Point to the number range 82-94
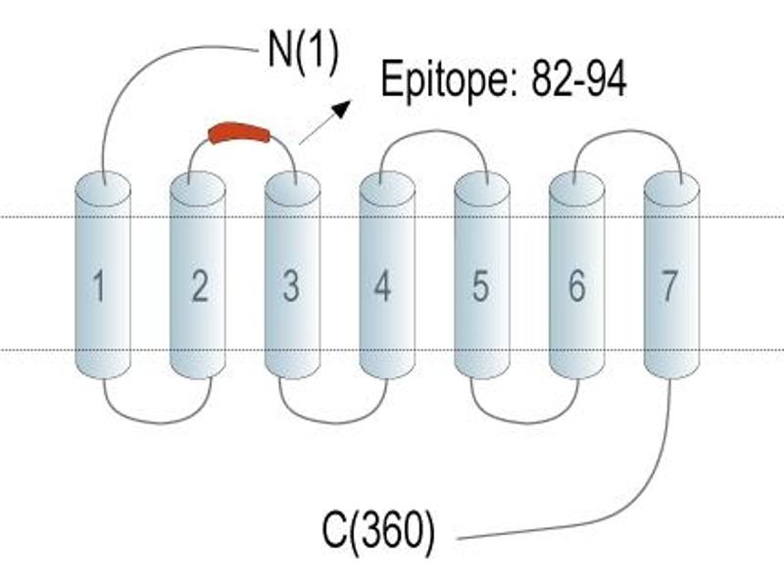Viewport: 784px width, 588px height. [578, 80]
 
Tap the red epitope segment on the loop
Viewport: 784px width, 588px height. [239, 133]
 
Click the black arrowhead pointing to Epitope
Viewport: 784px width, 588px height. [341, 109]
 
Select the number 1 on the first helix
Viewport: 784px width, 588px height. [99, 286]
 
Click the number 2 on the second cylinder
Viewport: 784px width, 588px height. [200, 286]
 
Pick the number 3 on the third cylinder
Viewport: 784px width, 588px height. [291, 286]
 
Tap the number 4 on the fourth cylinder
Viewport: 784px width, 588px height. [382, 286]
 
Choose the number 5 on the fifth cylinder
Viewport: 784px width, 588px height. [480, 286]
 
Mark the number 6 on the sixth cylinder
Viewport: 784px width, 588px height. [576, 286]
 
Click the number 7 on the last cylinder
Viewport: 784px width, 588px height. [669, 286]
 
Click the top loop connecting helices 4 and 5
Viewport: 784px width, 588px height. [434, 131]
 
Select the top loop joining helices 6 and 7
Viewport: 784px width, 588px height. [628, 131]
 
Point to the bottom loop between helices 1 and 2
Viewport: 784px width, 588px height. [158, 423]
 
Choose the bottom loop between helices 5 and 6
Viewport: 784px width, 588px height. [525, 423]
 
